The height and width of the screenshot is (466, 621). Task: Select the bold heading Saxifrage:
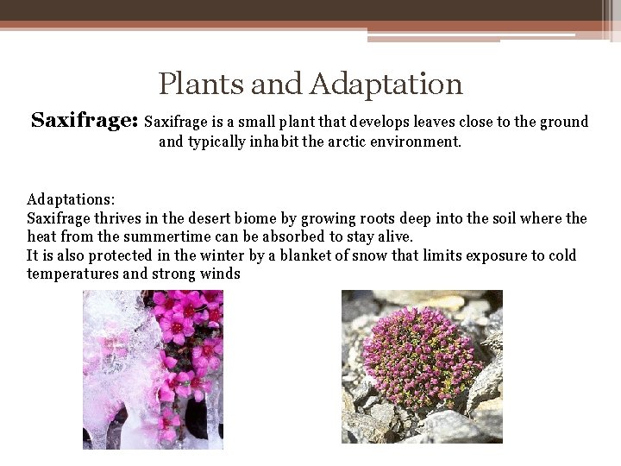coord(85,121)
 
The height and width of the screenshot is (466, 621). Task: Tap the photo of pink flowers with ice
coord(153,368)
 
